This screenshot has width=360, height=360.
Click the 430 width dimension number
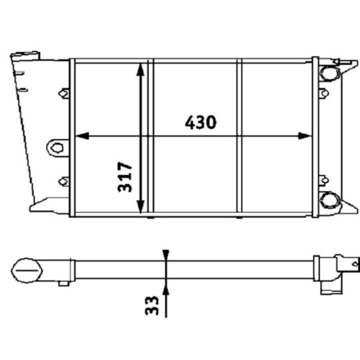[201, 122]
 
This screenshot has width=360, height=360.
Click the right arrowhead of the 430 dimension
[306, 135]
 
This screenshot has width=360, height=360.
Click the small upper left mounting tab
[64, 93]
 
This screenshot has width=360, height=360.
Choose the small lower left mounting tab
[64, 181]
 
